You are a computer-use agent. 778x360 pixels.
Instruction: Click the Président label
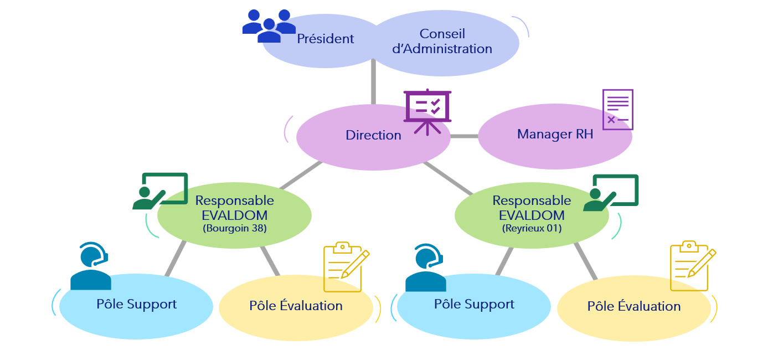[x=325, y=39]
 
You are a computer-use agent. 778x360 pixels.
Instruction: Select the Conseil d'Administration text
[x=442, y=42]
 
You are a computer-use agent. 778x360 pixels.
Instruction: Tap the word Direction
[x=373, y=135]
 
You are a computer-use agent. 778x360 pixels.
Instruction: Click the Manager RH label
[x=555, y=134]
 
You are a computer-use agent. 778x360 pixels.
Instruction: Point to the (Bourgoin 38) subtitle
[x=235, y=228]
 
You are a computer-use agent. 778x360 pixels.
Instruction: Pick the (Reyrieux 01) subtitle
[x=532, y=227]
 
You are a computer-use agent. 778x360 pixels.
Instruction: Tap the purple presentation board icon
[x=427, y=111]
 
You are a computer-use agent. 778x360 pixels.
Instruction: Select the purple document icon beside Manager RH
[x=617, y=109]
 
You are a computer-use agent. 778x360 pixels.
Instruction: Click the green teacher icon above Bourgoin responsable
[x=160, y=191]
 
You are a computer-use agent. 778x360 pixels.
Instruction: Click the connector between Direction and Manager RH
[x=464, y=136]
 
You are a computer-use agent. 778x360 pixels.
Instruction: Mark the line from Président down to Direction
[x=373, y=83]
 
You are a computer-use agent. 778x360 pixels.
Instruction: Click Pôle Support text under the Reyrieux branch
[x=474, y=304]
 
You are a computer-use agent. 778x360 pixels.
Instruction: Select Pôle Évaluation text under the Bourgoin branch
[x=296, y=306]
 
